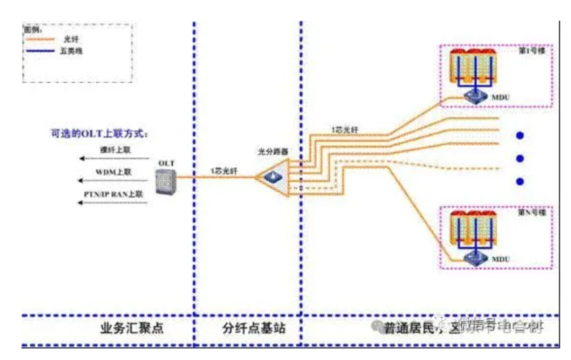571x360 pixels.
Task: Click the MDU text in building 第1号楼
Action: pos(501,96)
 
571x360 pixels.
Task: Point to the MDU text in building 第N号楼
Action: pos(501,258)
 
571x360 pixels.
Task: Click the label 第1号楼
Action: pos(529,52)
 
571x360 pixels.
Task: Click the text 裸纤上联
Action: pos(113,149)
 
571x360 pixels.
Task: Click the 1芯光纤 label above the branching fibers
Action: pos(343,129)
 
